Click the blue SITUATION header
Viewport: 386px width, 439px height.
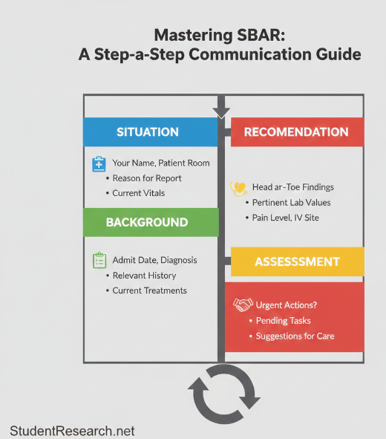click(148, 132)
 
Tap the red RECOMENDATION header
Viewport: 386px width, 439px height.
click(296, 132)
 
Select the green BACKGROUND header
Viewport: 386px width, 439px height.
click(147, 222)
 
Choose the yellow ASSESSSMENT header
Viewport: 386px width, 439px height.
click(297, 261)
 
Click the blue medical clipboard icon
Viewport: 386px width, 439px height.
click(99, 164)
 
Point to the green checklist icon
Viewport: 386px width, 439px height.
click(99, 261)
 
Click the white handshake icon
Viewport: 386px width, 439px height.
click(243, 305)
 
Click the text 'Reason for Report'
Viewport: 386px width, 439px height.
click(147, 178)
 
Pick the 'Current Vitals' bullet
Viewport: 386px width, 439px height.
click(139, 193)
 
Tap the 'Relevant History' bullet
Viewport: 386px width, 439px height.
click(144, 276)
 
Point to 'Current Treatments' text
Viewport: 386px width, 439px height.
click(149, 290)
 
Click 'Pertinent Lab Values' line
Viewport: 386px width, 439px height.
click(291, 203)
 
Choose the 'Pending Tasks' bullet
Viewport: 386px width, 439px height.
click(283, 321)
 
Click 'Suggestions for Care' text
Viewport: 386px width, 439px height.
click(295, 336)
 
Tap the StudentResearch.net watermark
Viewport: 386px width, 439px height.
click(72, 430)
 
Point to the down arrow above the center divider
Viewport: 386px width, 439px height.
click(221, 112)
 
